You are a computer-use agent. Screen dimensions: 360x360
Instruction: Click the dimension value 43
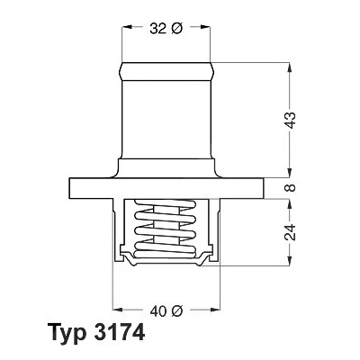(x=291, y=121)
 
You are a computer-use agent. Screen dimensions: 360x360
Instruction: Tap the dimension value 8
(x=291, y=188)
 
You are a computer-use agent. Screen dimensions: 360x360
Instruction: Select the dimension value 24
(x=291, y=232)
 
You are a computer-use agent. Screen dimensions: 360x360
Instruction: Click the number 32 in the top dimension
(x=158, y=29)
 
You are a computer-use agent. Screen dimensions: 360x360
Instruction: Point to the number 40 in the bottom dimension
(x=158, y=311)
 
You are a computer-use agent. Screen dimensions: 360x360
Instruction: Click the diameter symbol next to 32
(x=177, y=29)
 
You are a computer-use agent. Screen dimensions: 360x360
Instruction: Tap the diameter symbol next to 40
(x=177, y=311)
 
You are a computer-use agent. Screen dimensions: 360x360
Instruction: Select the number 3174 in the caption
(x=120, y=332)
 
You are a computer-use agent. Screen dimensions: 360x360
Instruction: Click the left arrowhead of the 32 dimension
(x=127, y=27)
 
